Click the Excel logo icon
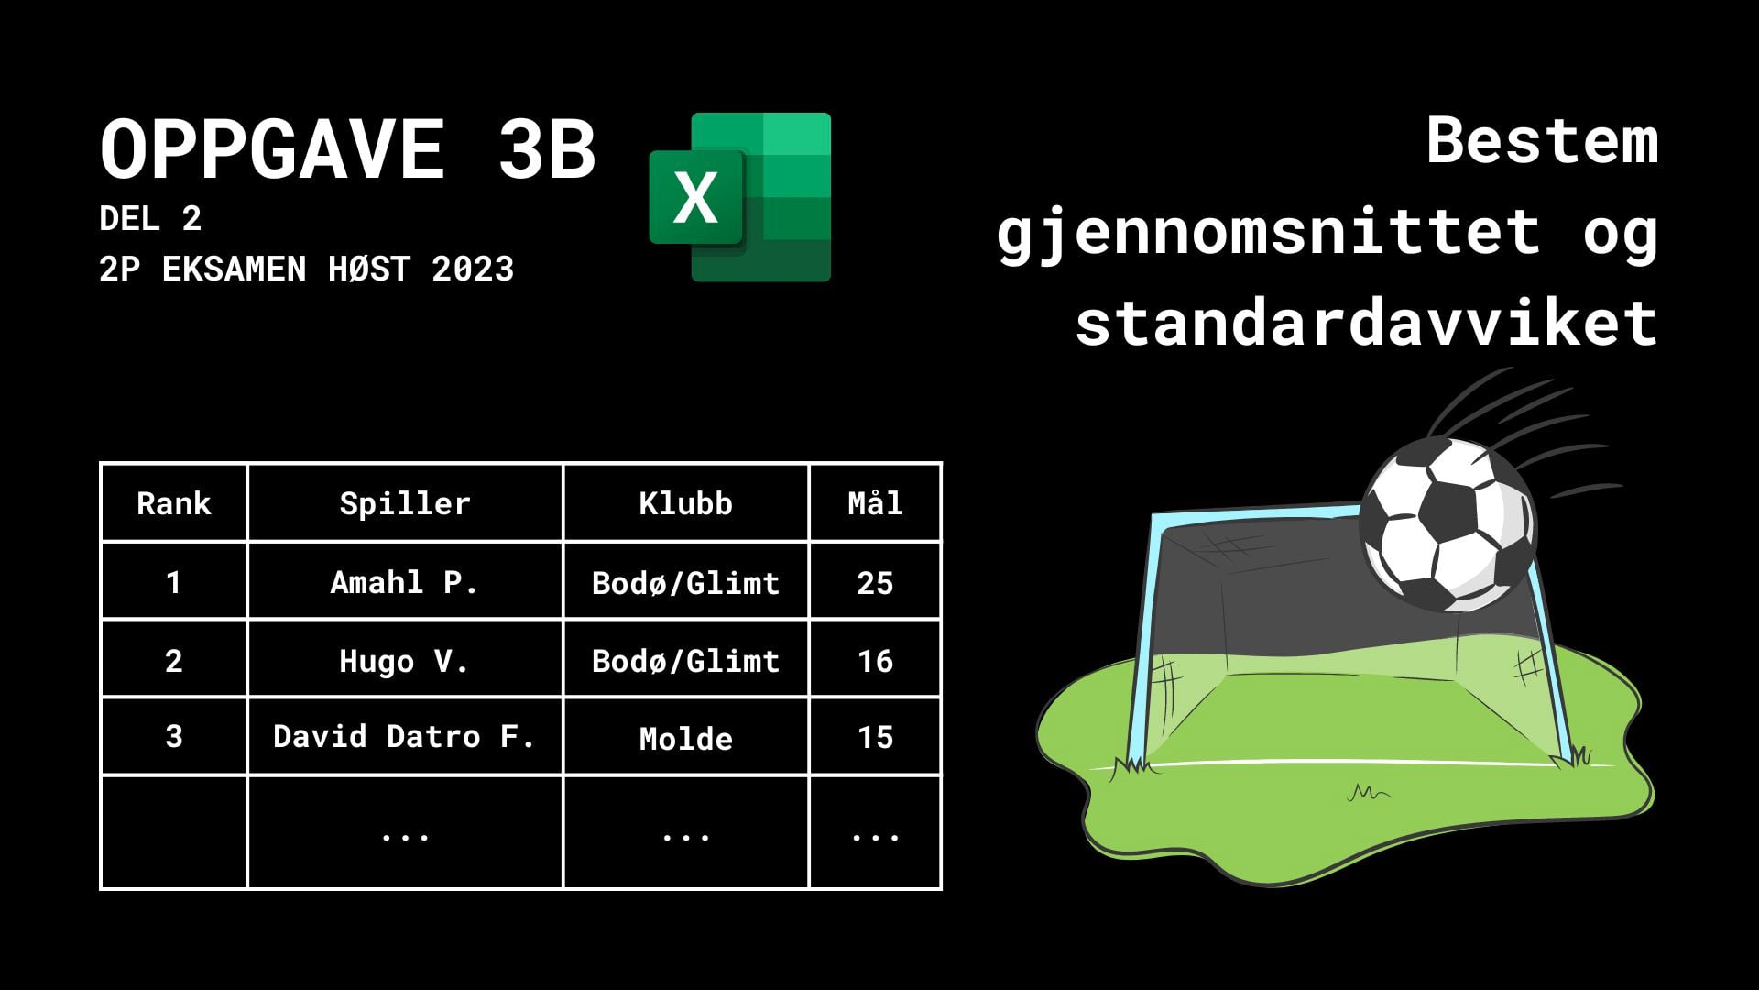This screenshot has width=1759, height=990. coord(740,197)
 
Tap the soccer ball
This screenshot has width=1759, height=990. coord(1448,525)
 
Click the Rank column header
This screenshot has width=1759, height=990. coord(174,503)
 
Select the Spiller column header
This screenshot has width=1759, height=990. coord(405,503)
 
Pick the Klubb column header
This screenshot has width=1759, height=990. coord(686,503)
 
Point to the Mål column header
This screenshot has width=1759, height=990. coord(876,502)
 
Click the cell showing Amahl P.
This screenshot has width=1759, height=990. coord(404,582)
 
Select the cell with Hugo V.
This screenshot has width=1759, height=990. coord(404,661)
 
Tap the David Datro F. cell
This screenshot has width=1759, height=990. coord(404,736)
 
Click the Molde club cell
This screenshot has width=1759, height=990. coord(686,739)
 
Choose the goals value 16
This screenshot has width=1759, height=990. coord(876,661)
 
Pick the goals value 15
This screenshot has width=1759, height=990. coord(876,737)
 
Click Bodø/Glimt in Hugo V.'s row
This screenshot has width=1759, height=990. coord(686,661)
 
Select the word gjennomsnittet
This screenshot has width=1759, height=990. coord(1269,232)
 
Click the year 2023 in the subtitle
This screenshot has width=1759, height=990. coord(473,269)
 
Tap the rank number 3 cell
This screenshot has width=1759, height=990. coord(174,736)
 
